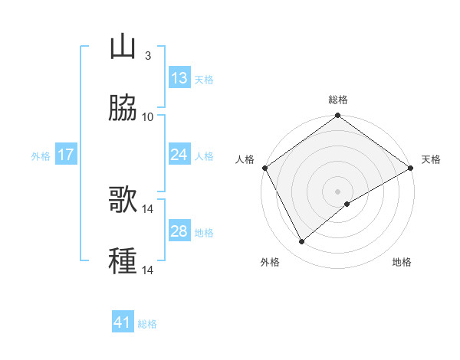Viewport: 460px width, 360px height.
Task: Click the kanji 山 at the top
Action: click(x=123, y=47)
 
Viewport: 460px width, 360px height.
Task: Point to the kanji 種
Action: click(x=123, y=260)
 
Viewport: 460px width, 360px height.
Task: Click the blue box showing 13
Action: click(x=179, y=78)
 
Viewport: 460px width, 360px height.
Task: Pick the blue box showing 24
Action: click(x=179, y=155)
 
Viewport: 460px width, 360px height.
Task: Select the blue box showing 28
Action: click(x=179, y=231)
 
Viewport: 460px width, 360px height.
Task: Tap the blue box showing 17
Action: click(x=65, y=155)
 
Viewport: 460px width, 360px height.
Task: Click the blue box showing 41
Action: click(x=123, y=322)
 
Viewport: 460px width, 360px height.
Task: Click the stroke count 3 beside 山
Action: click(x=147, y=56)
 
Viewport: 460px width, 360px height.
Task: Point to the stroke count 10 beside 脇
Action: click(x=148, y=116)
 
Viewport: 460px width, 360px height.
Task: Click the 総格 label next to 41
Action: click(x=147, y=324)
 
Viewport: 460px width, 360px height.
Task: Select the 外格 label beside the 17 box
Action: click(x=41, y=156)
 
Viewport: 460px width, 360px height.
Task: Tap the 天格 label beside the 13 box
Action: click(x=204, y=80)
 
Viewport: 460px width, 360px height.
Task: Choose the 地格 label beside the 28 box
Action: click(x=204, y=233)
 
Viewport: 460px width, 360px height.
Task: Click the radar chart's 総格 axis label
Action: click(x=338, y=100)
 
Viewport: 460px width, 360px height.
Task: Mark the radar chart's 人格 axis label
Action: click(x=245, y=159)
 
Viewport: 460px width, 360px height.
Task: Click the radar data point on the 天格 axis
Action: click(x=411, y=168)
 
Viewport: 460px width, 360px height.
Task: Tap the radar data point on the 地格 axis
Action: click(x=347, y=204)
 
